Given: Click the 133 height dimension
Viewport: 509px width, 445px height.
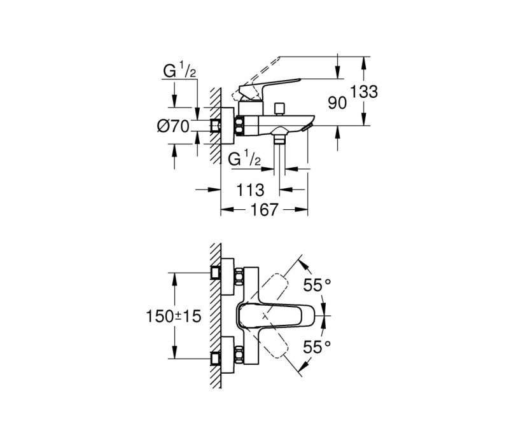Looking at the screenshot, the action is point(363,92).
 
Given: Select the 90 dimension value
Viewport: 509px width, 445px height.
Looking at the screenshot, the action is point(337,103).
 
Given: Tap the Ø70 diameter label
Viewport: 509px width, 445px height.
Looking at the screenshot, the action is point(172,126).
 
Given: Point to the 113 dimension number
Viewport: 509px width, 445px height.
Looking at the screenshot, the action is point(250,190).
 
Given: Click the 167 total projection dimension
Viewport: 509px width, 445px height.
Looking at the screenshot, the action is point(264,210).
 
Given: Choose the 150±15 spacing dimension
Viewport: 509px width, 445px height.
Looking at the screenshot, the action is point(174,316).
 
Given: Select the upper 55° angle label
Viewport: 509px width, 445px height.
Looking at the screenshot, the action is point(317,285).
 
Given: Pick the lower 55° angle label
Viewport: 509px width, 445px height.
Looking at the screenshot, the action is point(317,347).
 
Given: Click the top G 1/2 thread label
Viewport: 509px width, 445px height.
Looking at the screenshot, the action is point(179,71).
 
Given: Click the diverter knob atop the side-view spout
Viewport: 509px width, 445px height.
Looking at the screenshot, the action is point(279,109).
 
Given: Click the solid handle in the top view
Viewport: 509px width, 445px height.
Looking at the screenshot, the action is point(275,315).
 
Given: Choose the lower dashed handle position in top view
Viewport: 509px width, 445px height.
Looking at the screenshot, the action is point(275,341).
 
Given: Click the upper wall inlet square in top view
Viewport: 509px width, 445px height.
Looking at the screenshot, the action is point(215,273).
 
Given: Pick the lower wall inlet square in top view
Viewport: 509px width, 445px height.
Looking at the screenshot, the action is point(215,359).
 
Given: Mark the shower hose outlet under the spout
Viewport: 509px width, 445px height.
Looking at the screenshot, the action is point(279,137).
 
